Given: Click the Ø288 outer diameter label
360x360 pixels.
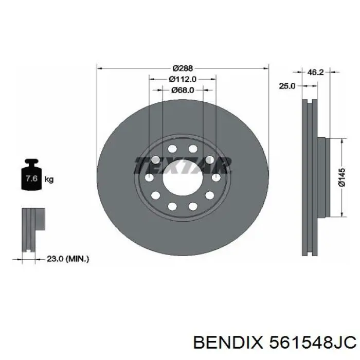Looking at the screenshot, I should tap(183, 68).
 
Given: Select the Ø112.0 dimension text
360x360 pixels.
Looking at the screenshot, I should tap(183, 79).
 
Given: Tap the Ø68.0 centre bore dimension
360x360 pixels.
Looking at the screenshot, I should tap(183, 90).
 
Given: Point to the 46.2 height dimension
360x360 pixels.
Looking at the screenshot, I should tap(315, 72).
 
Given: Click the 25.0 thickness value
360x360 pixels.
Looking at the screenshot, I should tap(286, 86).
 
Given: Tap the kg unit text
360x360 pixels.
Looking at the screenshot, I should tap(49, 179).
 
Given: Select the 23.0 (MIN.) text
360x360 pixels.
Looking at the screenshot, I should tap(68, 259).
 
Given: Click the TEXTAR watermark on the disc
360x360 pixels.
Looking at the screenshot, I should tap(183, 166).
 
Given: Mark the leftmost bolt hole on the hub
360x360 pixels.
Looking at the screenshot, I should tap(149, 177).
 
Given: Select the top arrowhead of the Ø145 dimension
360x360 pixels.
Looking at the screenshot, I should tap(343, 140).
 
